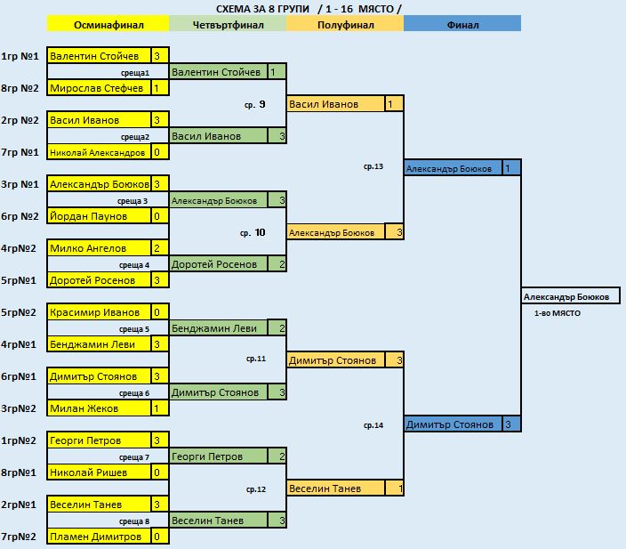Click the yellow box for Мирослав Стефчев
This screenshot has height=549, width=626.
[x=99, y=88]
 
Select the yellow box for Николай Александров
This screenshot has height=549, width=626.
[x=99, y=152]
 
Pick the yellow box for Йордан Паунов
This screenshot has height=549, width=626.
[x=99, y=216]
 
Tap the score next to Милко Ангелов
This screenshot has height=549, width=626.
[x=160, y=248]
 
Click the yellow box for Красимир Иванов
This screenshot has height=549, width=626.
[x=99, y=312]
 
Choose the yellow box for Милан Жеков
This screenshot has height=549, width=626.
[x=99, y=408]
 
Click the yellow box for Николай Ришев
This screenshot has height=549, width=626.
[x=99, y=472]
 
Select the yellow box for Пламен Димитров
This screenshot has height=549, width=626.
[x=99, y=537]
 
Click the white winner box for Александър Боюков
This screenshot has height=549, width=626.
[x=571, y=296]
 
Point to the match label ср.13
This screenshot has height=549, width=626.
[x=373, y=166]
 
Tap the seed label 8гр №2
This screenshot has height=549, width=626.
[x=20, y=88]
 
